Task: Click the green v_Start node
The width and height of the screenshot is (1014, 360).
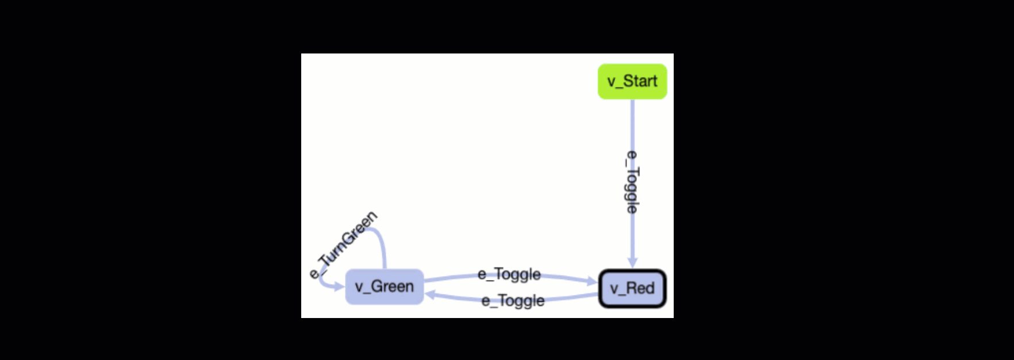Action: [x=632, y=81]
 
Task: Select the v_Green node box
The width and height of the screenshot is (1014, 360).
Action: [x=384, y=286]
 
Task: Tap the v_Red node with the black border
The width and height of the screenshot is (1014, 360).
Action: [x=632, y=288]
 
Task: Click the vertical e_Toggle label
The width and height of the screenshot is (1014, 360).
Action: [x=632, y=182]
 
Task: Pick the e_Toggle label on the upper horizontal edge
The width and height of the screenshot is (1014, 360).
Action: [x=509, y=274]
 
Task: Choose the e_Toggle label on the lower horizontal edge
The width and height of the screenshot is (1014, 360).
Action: [x=513, y=301]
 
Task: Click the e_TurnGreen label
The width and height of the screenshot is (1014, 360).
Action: [x=344, y=245]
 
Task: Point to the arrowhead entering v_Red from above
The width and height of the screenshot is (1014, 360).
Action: [x=632, y=262]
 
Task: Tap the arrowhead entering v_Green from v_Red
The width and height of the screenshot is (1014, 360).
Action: [x=431, y=295]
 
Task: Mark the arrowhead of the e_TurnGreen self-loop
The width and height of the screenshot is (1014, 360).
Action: [x=339, y=286]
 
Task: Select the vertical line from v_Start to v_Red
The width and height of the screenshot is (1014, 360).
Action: [x=632, y=127]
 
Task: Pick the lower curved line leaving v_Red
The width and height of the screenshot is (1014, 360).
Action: [x=569, y=297]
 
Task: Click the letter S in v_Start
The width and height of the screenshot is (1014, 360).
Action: [x=629, y=81]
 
